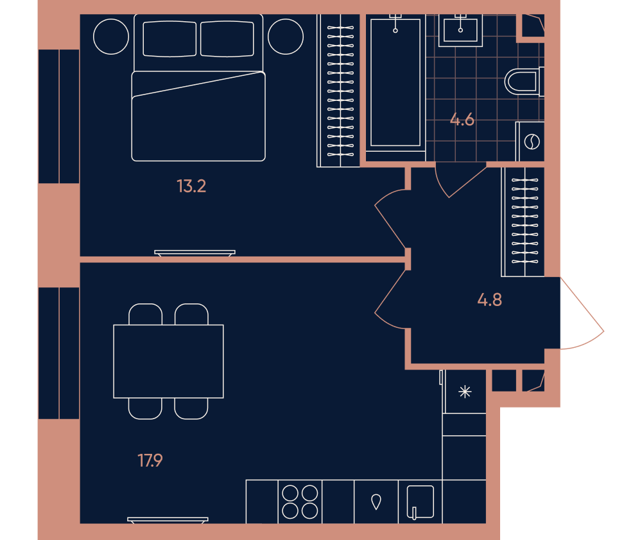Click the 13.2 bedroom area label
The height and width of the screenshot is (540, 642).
[x=191, y=186]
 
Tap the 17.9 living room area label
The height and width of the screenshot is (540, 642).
[x=150, y=460]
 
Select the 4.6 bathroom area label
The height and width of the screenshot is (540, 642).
[x=462, y=120]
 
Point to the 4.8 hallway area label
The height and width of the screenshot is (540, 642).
[x=489, y=300]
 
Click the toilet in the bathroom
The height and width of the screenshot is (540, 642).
[x=524, y=82]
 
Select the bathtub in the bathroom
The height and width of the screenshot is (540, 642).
[x=395, y=82]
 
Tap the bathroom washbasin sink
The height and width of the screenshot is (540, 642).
[x=460, y=30]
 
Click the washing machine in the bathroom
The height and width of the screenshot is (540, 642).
[x=530, y=141]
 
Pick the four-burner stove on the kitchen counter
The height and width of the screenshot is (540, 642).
[x=300, y=502]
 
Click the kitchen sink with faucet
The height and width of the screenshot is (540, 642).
[x=420, y=502]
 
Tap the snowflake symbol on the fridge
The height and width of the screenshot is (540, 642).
[x=465, y=392]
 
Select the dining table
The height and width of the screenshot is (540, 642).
[x=168, y=361]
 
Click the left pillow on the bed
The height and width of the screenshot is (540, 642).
[x=169, y=39]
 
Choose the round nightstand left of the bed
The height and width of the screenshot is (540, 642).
[x=111, y=37]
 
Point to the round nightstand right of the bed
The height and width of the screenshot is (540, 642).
[x=286, y=37]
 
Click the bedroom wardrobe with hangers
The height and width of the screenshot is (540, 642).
[x=338, y=91]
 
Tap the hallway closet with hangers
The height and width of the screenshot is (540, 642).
[x=523, y=222]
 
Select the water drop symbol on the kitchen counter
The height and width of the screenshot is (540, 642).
[x=376, y=501]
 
